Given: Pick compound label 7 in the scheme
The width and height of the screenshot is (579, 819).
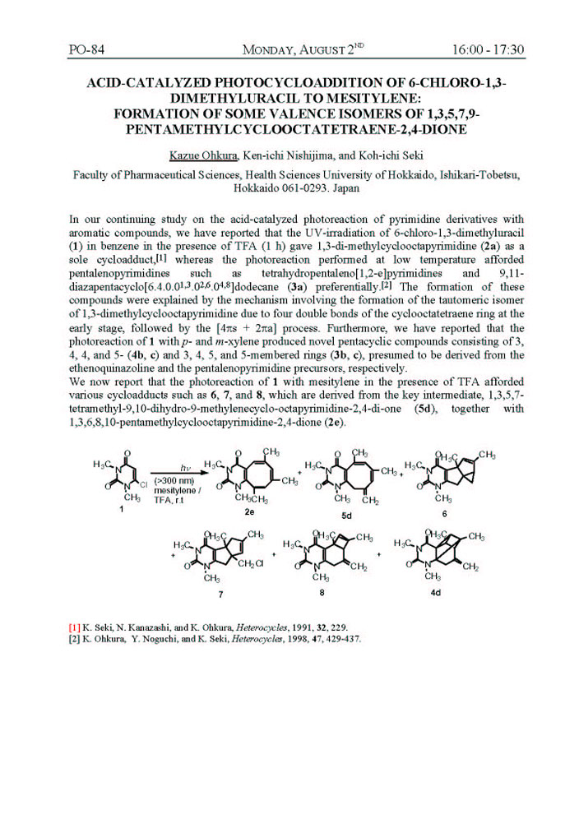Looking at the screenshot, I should [220, 591].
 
